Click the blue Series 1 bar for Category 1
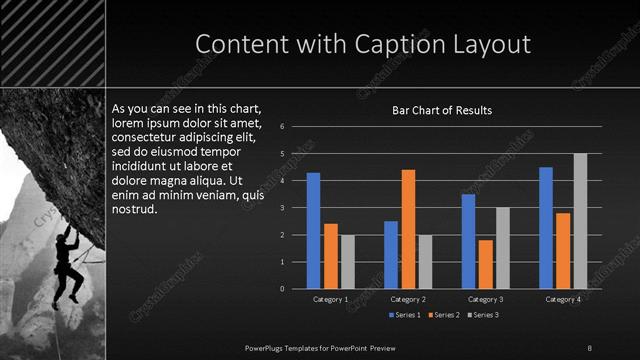click(313, 231)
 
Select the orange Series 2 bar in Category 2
click(408, 229)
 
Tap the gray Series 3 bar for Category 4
click(580, 221)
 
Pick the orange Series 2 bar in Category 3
click(485, 264)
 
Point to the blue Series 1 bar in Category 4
click(546, 228)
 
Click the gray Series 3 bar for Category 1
click(347, 262)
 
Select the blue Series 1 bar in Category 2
click(391, 255)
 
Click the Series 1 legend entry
click(403, 315)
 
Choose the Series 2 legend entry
click(444, 315)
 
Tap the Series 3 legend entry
click(485, 315)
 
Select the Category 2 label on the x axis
click(408, 299)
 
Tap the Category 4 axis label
click(563, 299)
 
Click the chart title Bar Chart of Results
click(441, 110)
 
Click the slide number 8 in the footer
click(589, 347)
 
